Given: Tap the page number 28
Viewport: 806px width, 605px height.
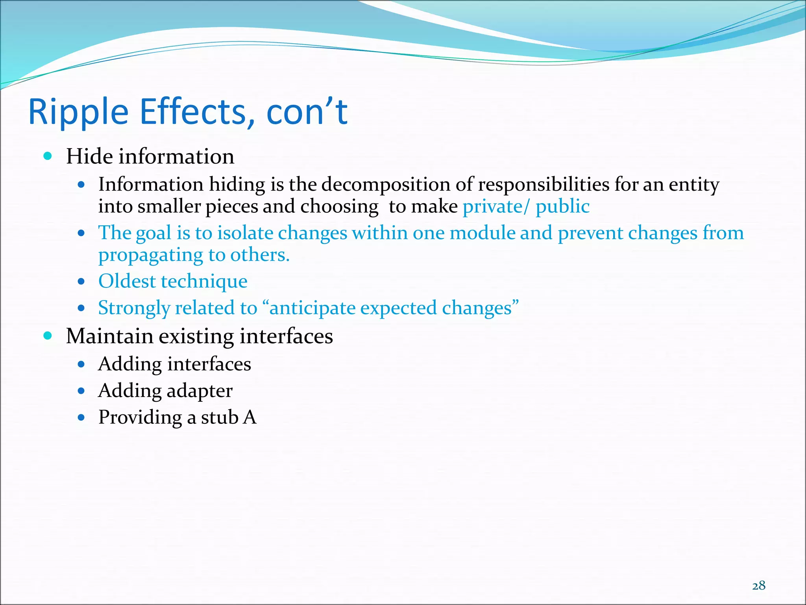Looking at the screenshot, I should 758,586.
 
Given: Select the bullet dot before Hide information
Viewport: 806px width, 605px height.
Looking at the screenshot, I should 48,156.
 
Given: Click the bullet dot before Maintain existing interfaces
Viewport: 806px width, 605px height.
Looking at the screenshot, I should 48,336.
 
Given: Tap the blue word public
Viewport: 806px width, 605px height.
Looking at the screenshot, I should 562,207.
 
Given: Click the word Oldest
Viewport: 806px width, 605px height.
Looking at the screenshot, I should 127,281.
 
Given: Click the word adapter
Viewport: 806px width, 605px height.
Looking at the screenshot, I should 199,391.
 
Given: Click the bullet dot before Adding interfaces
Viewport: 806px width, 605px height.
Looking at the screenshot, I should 81,364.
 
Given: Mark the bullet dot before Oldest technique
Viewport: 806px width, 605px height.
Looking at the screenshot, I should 81,282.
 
